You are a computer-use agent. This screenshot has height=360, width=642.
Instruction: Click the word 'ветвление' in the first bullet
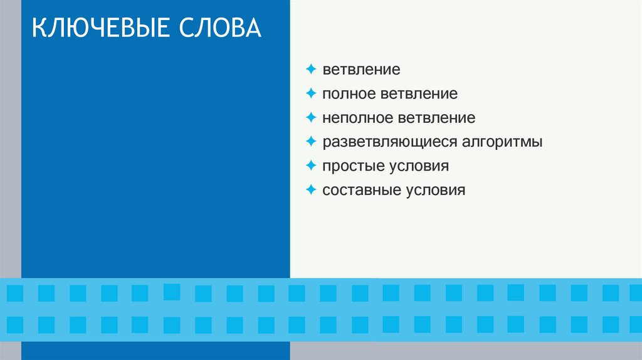point(361,70)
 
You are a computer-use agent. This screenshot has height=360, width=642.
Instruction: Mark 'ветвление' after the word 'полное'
point(419,94)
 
